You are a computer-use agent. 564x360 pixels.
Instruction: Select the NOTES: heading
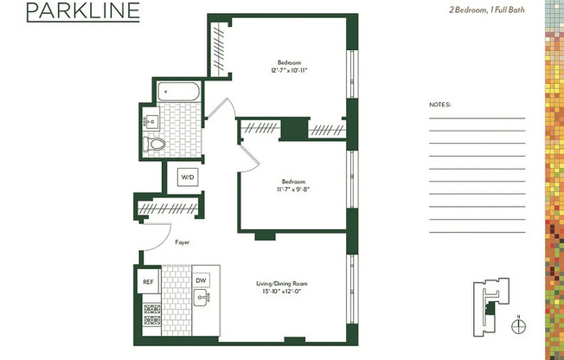click(x=440, y=105)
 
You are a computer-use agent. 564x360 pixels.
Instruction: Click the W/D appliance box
click(x=187, y=177)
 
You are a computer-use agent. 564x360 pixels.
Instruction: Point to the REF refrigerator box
click(x=148, y=281)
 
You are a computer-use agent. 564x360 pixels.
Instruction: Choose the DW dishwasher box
click(x=201, y=280)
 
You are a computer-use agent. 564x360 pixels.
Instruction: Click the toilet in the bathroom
click(x=155, y=144)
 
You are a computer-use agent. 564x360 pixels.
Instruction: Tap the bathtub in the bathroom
click(x=179, y=89)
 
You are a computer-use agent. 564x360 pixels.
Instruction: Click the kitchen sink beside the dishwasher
click(x=202, y=299)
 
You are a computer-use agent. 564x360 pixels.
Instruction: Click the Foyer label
click(x=182, y=242)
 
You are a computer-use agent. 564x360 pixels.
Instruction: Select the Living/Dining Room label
click(x=281, y=284)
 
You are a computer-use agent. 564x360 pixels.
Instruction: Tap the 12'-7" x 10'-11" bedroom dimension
click(x=288, y=69)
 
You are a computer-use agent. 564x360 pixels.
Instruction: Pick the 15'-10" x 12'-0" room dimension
click(x=281, y=292)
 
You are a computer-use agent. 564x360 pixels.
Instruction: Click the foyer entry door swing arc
click(x=154, y=235)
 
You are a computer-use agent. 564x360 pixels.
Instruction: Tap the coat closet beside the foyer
click(x=169, y=208)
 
